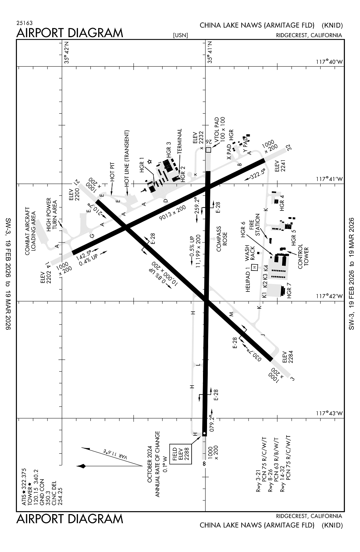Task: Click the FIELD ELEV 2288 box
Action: (181, 454)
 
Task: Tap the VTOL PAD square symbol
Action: (208, 150)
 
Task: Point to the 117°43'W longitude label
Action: (329, 414)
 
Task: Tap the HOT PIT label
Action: (113, 171)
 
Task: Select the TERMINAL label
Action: (179, 141)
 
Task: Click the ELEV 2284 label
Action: (287, 357)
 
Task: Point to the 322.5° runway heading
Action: (257, 174)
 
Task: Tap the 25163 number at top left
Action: (24, 23)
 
